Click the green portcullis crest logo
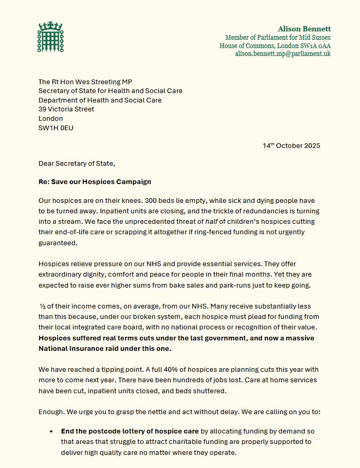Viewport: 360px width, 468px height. pyautogui.click(x=50, y=37)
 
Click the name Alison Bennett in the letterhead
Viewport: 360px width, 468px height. pyautogui.click(x=304, y=29)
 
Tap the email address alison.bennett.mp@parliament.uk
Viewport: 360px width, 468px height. pyautogui.click(x=283, y=54)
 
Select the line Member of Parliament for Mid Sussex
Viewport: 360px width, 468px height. pyautogui.click(x=278, y=37)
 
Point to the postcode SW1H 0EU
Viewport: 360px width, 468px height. pyautogui.click(x=56, y=128)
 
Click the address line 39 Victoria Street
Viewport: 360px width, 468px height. pyautogui.click(x=66, y=109)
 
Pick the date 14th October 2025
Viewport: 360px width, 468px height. pyautogui.click(x=291, y=146)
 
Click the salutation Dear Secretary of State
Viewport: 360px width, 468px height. pyautogui.click(x=76, y=163)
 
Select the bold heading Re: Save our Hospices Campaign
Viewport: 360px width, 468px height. pyautogui.click(x=95, y=181)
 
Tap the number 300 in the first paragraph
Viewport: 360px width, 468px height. pyautogui.click(x=153, y=201)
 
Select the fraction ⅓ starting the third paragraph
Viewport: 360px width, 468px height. pyautogui.click(x=42, y=306)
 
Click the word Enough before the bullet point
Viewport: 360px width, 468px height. pyautogui.click(x=51, y=412)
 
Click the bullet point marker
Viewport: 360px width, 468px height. pyautogui.click(x=51, y=432)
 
